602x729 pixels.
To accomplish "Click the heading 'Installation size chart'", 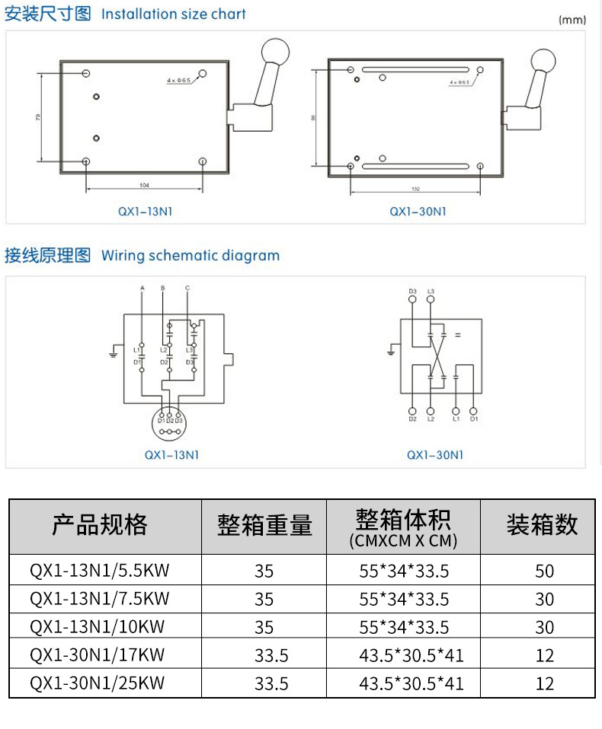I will [x=174, y=14].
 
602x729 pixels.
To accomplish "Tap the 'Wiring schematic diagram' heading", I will [x=191, y=256].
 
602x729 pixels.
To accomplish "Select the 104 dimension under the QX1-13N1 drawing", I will [x=145, y=185].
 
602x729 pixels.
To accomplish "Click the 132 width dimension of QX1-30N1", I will [x=415, y=188].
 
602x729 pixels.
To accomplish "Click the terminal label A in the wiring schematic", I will [x=142, y=288].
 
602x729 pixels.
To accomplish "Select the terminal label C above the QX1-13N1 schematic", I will [x=187, y=288].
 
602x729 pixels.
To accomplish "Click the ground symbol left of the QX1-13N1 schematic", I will [x=113, y=352].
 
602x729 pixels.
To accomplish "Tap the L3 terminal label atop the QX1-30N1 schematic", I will [x=431, y=291].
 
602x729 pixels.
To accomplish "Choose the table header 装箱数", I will [x=542, y=524].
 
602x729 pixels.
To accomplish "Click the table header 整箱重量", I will [x=264, y=524].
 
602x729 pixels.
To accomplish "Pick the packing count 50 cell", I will [x=544, y=571].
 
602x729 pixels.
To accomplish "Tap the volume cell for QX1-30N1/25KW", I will [x=411, y=683].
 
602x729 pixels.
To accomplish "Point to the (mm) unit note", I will [x=572, y=21].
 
